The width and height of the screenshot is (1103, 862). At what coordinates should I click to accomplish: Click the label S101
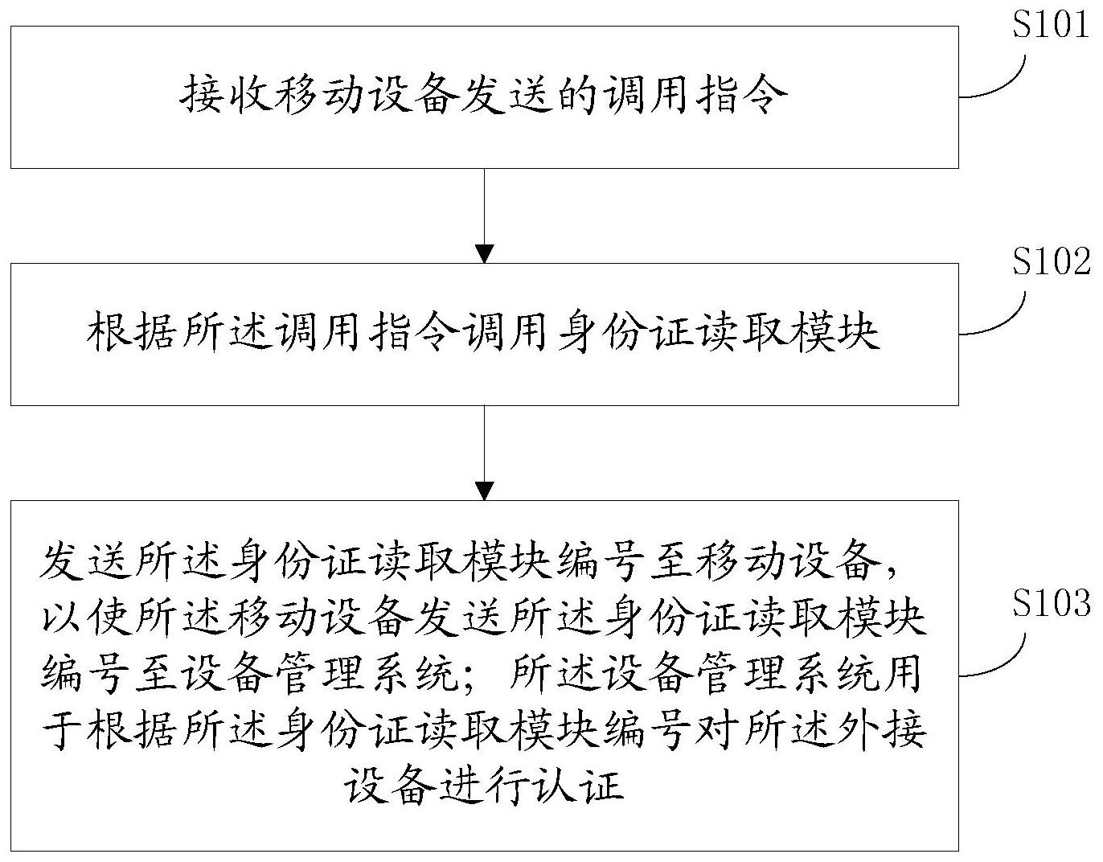coord(1051,26)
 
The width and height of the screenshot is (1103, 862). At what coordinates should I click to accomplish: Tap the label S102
coord(1051,262)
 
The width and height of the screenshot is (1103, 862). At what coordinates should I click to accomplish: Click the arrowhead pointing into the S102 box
coord(484,254)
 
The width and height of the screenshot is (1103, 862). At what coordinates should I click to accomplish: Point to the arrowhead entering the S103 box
coord(484,491)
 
